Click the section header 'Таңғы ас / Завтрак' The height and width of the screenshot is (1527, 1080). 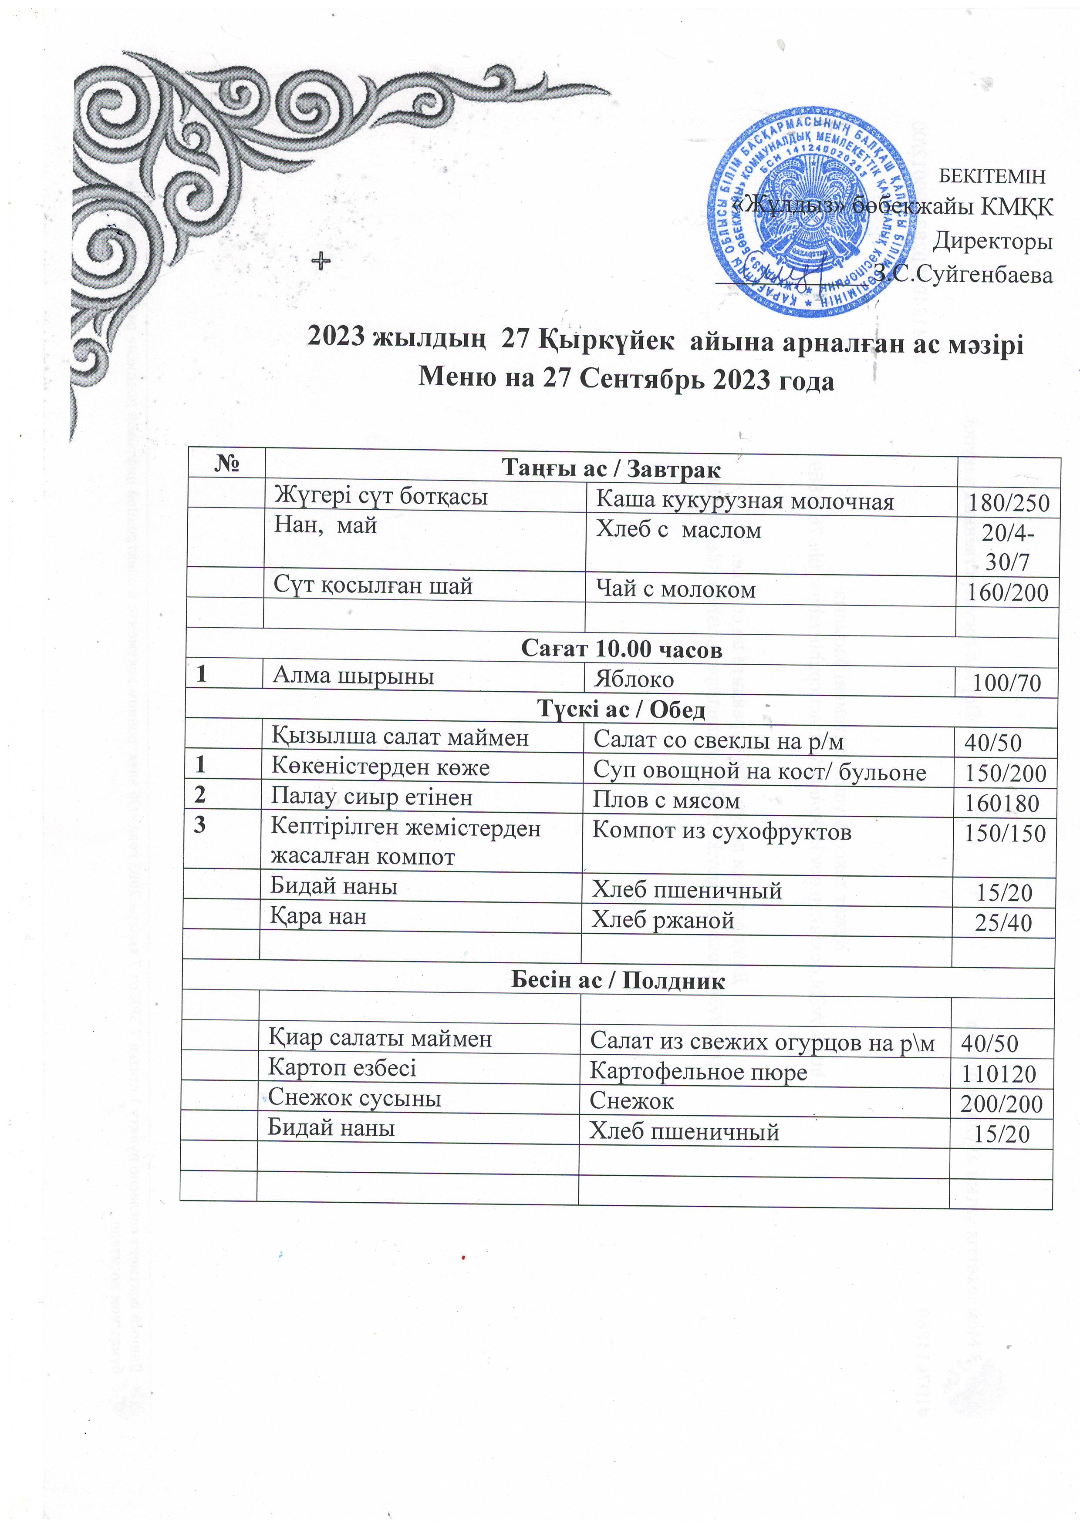pos(610,469)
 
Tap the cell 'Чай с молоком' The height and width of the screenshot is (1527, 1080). pos(675,589)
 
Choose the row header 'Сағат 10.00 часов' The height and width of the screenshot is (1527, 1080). pos(621,649)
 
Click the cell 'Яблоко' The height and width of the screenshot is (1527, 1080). pos(634,679)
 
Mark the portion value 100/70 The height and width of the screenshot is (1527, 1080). pos(1006,683)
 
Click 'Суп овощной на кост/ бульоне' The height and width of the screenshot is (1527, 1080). pos(759,771)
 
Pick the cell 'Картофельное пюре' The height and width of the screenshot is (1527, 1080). pos(698,1072)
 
